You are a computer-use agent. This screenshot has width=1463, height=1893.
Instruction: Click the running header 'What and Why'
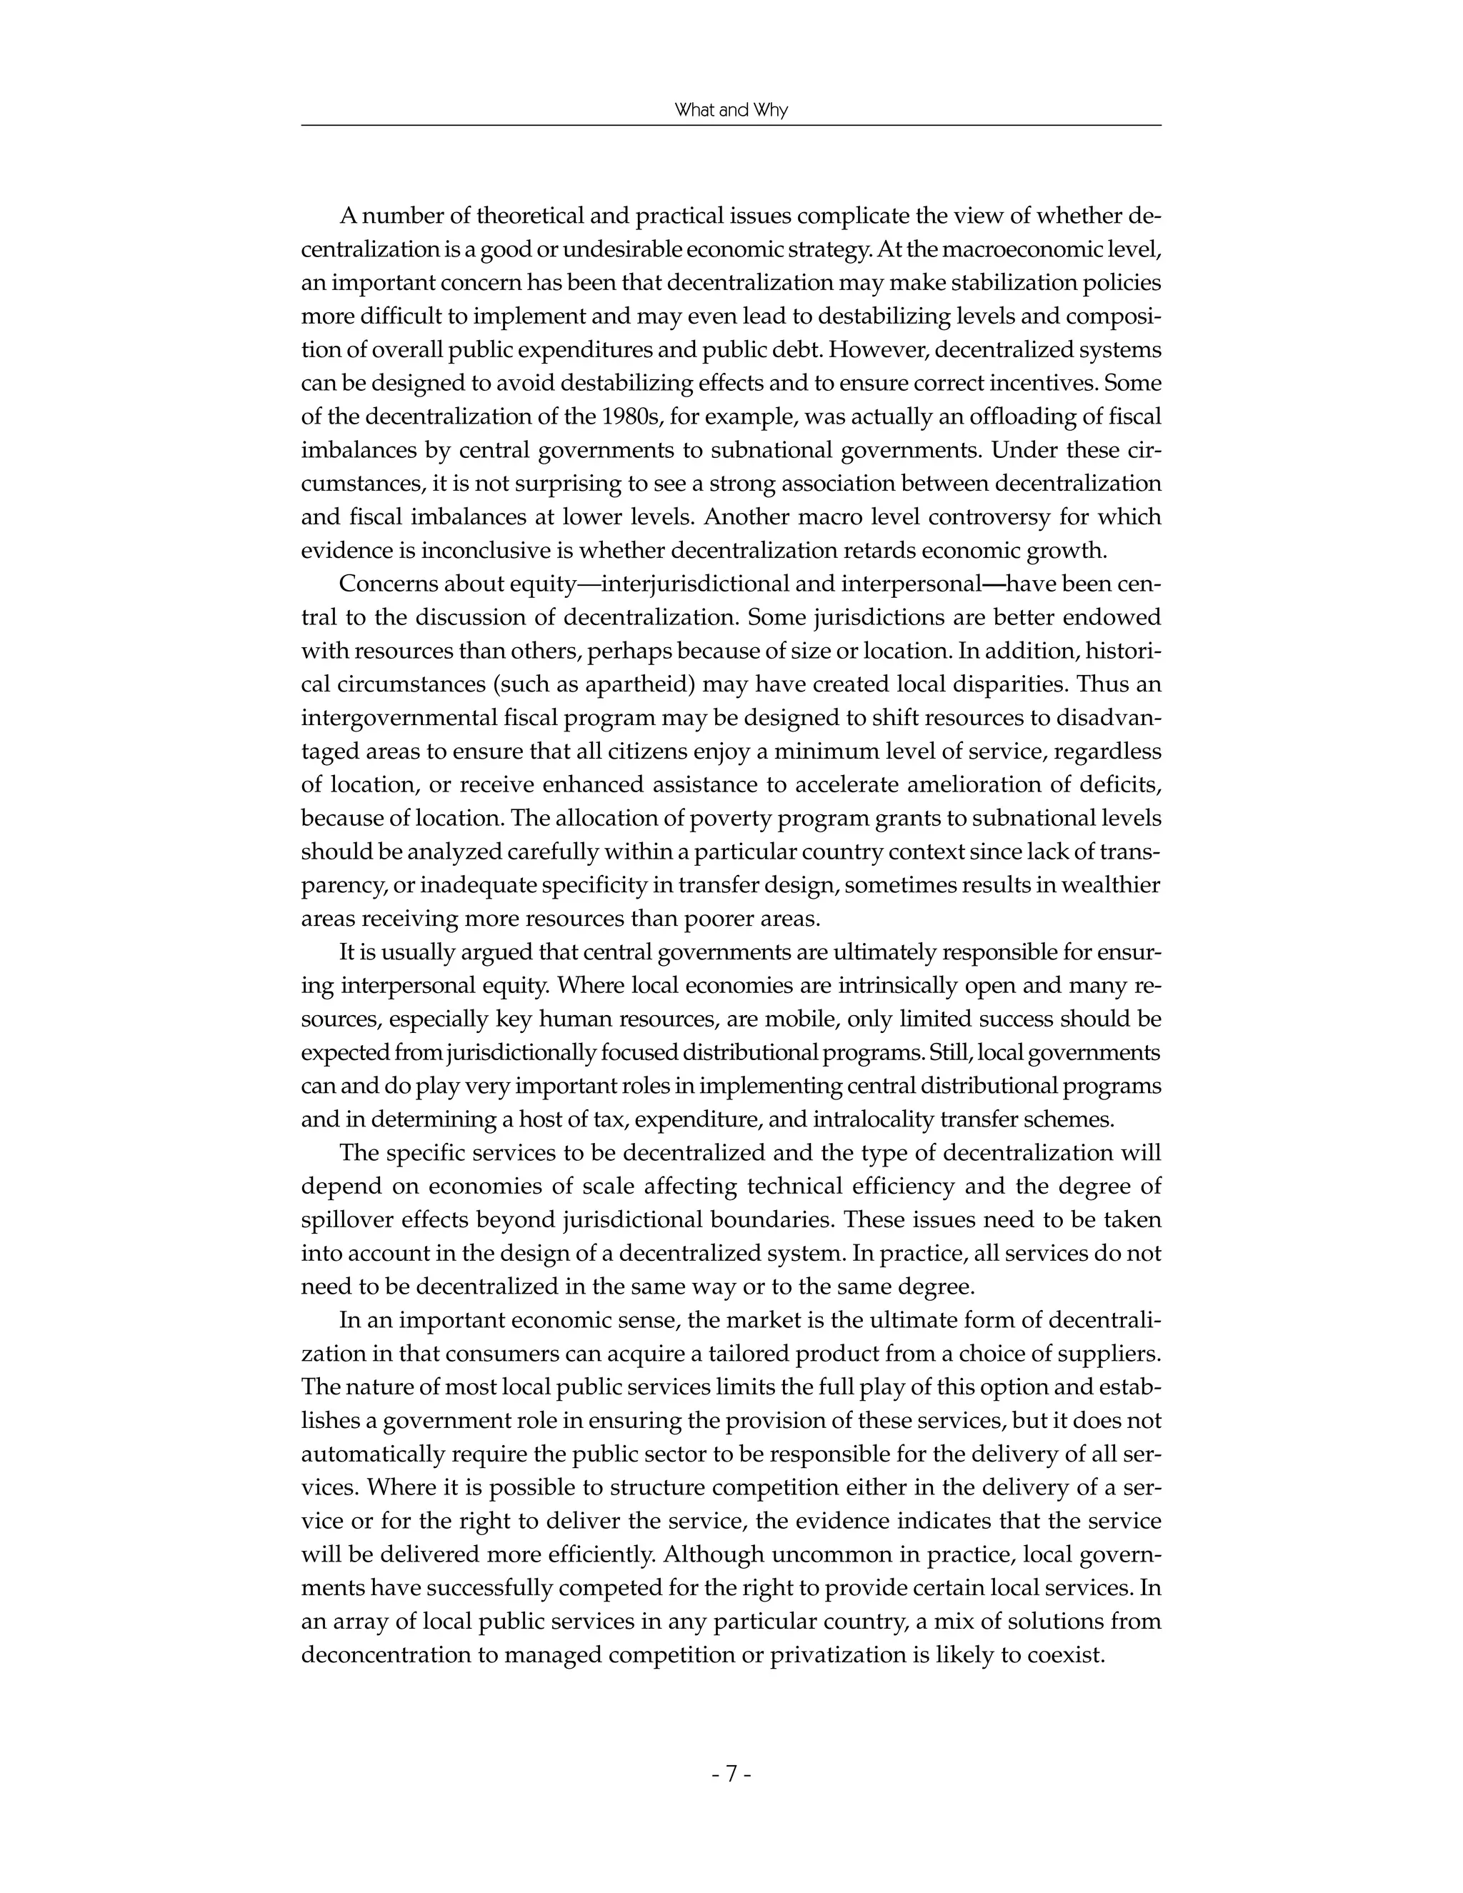click(731, 111)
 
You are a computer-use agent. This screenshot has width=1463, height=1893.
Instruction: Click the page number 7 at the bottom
click(731, 1774)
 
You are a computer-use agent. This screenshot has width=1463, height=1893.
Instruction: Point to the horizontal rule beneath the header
click(731, 126)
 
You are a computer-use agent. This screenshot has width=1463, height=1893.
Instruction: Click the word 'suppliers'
click(1114, 1353)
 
